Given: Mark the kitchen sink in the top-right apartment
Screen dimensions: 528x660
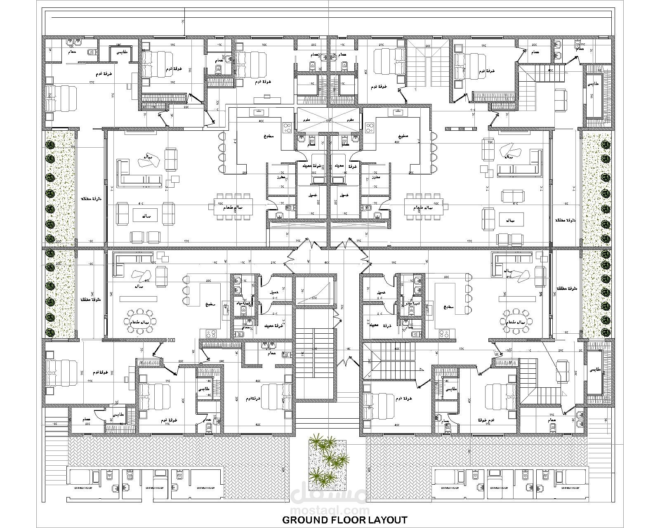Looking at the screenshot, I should (x=398, y=112).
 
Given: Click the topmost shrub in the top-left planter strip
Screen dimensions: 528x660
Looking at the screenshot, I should (x=50, y=144).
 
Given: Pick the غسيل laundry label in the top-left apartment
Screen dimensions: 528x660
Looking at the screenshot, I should (x=312, y=195).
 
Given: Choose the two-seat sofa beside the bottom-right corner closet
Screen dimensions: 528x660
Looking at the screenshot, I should (x=562, y=370).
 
